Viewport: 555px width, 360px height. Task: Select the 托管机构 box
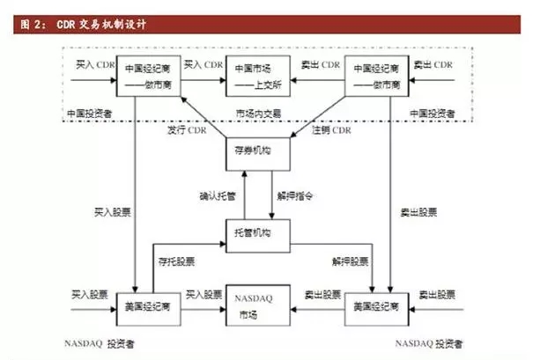(x=254, y=232)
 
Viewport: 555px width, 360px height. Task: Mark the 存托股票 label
(x=176, y=261)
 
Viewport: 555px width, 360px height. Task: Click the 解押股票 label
(x=350, y=261)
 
